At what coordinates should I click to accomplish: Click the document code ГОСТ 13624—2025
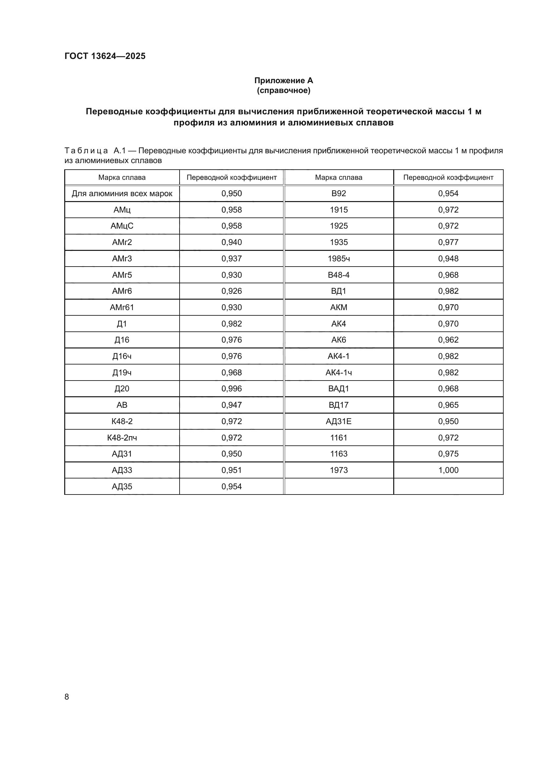click(105, 56)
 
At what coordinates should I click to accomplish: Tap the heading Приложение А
click(283, 81)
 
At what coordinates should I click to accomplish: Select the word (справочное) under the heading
click(283, 90)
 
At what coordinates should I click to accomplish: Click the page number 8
click(67, 697)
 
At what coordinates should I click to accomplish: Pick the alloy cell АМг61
click(122, 307)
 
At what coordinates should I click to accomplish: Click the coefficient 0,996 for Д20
click(231, 389)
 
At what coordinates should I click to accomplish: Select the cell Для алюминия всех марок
click(122, 194)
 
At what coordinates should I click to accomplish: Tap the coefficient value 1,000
click(448, 470)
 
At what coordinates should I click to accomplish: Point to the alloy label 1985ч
click(339, 259)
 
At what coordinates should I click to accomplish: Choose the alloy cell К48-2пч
click(122, 438)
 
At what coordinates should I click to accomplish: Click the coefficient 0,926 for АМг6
click(231, 291)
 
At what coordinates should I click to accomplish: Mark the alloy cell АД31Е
click(339, 421)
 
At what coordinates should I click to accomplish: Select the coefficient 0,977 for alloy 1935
click(448, 242)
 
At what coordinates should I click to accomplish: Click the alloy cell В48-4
click(339, 275)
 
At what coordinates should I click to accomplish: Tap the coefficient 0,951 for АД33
click(231, 470)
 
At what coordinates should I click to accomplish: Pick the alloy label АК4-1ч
click(339, 373)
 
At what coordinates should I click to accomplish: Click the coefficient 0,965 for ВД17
click(448, 405)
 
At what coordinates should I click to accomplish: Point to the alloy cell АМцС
click(122, 226)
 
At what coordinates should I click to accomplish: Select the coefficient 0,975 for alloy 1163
click(448, 454)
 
